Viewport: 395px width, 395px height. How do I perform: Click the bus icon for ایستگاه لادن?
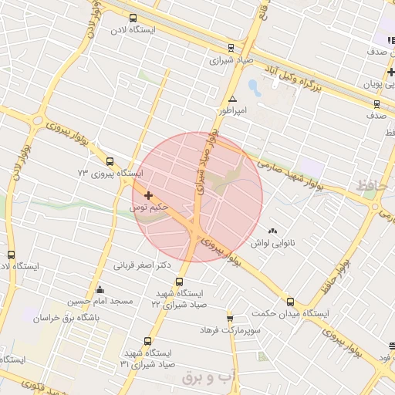tap(133, 18)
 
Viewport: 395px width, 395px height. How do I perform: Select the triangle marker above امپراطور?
tap(232, 99)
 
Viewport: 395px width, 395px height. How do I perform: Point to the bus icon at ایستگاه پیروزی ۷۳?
tap(110, 162)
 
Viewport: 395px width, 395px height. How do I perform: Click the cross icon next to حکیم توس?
tap(149, 196)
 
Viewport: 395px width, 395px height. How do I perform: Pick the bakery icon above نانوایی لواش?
tap(272, 231)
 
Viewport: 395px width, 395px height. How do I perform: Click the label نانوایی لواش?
tap(272, 243)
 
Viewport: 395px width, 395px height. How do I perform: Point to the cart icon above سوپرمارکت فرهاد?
tap(230, 318)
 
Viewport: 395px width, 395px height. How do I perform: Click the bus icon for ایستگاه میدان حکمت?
tap(291, 302)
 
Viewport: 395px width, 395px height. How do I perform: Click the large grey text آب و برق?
tap(207, 378)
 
